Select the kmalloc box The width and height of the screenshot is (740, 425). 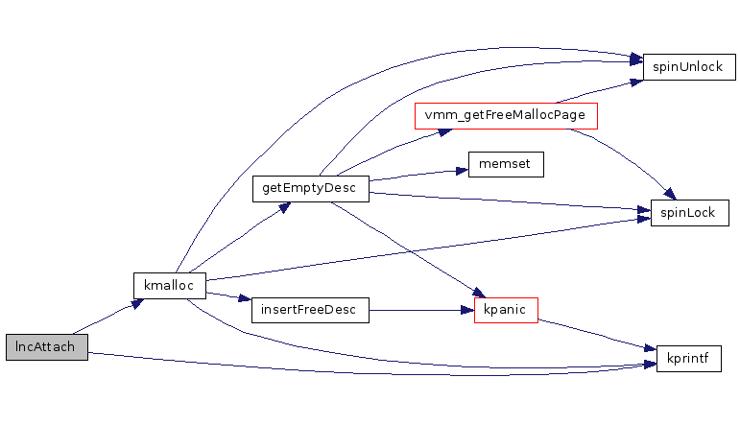[169, 285]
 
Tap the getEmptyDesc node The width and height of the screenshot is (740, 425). [310, 188]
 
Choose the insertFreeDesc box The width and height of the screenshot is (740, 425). [309, 310]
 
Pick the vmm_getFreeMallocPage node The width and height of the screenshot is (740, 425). [506, 116]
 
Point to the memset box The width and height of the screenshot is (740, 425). [506, 164]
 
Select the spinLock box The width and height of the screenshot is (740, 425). [689, 212]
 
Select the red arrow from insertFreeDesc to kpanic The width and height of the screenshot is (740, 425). [422, 310]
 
